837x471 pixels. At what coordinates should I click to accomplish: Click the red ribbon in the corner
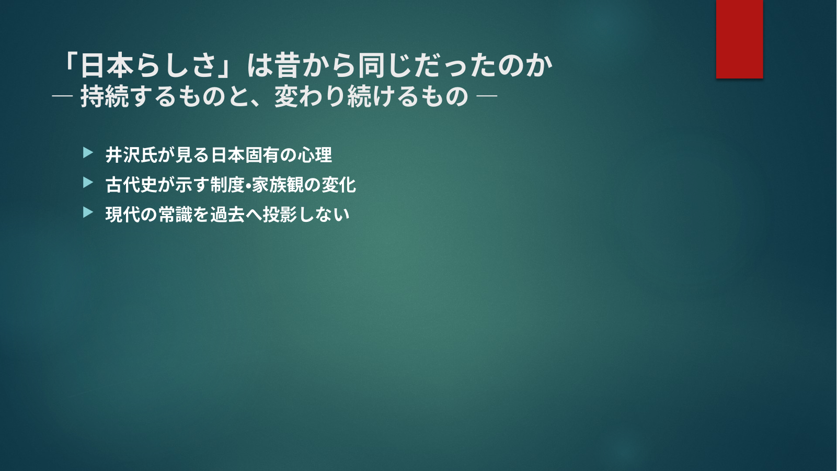pos(739,39)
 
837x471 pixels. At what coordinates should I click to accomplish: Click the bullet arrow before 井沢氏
pos(88,153)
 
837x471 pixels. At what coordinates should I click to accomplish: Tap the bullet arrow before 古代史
pos(88,183)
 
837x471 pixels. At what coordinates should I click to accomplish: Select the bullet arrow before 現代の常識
pos(88,212)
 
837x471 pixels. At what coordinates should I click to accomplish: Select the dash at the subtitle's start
pos(62,97)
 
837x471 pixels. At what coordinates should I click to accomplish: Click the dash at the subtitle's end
pos(487,97)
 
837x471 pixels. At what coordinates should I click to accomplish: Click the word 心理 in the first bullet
pos(315,155)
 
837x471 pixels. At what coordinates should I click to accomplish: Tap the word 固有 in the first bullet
pos(262,155)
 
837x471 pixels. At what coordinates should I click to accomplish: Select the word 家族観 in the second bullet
pos(278,185)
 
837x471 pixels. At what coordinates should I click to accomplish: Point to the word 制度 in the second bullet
pos(227,185)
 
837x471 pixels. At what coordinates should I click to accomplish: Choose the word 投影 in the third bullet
pos(280,215)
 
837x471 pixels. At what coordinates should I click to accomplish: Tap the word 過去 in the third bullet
pos(227,215)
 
